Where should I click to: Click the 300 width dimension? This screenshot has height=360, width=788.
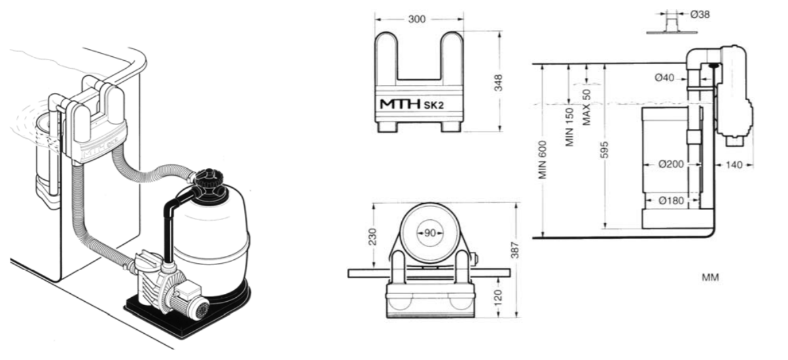417,19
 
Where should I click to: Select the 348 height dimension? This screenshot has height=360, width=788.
498,82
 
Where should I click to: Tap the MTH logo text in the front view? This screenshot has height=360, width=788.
401,104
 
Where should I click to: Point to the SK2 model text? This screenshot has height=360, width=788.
434,105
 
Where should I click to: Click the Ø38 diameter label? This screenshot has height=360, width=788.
700,14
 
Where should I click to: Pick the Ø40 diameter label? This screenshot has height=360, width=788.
664,77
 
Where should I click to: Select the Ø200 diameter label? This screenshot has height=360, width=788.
671,164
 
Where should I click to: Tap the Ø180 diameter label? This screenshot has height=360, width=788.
671,200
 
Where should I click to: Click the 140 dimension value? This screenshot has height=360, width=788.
734,165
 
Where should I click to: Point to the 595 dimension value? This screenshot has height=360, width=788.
604,149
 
